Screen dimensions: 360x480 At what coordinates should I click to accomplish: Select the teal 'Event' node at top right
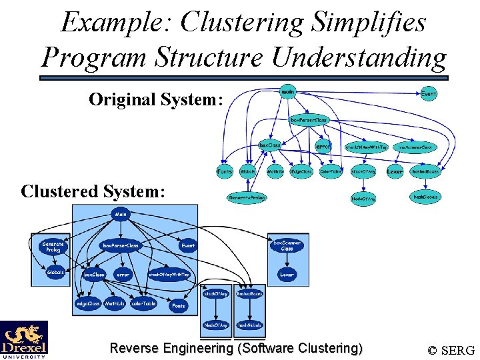click(429, 95)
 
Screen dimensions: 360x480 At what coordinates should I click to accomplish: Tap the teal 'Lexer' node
click(395, 172)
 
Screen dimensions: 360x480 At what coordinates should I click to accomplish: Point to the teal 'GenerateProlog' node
click(247, 198)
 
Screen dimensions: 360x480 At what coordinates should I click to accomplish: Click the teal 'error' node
click(323, 146)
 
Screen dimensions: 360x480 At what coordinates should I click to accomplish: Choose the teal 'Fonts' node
click(225, 172)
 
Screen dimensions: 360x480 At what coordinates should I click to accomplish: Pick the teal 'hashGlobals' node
click(426, 198)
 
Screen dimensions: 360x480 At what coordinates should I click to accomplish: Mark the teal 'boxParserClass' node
click(309, 121)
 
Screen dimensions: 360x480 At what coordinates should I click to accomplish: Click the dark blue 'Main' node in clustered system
click(121, 215)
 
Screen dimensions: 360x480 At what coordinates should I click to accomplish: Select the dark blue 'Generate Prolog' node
click(53, 247)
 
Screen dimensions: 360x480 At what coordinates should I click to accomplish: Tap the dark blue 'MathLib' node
click(115, 304)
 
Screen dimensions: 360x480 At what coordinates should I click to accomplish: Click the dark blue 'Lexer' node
click(287, 275)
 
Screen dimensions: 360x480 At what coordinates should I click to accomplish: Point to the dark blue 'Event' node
click(188, 245)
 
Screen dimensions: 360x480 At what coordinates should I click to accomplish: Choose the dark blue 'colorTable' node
click(143, 304)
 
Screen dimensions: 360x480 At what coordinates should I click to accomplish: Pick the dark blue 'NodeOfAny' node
click(215, 325)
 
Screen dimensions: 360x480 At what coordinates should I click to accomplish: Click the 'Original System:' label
click(155, 100)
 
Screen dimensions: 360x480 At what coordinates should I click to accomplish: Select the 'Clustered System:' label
click(93, 191)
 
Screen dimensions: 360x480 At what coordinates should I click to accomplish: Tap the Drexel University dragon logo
click(24, 339)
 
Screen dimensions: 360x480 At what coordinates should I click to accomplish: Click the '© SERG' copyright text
click(451, 350)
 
